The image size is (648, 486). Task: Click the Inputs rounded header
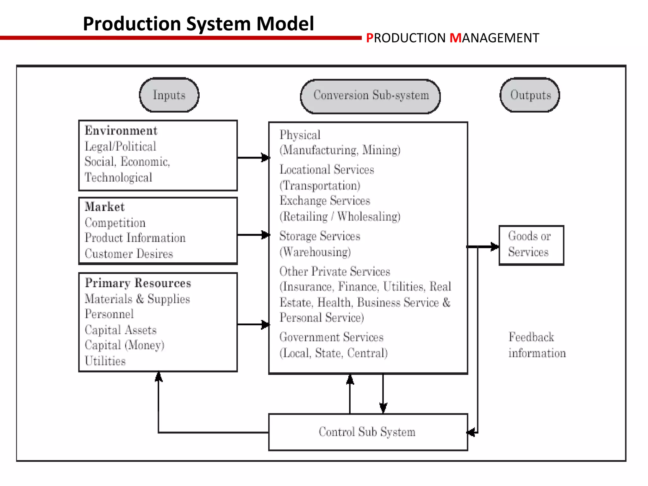[169, 95]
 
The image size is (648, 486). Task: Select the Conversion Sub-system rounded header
[371, 96]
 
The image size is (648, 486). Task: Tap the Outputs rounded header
[530, 95]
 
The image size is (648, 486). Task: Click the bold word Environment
[121, 131]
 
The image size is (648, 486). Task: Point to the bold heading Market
[105, 207]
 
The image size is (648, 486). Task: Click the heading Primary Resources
[138, 283]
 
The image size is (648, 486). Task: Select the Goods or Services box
[531, 245]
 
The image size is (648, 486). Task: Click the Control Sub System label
[367, 432]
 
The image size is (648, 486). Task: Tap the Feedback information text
[537, 345]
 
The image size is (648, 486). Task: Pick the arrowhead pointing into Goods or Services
[495, 246]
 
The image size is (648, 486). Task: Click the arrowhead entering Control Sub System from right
[471, 432]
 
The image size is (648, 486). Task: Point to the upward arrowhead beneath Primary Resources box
[159, 377]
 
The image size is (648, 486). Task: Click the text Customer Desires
[129, 254]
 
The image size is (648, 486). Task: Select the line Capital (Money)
[124, 345]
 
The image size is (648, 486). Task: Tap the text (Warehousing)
[315, 252]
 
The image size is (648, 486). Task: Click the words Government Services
[331, 337]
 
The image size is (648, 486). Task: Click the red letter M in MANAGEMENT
[455, 38]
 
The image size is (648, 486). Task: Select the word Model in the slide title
[285, 24]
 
